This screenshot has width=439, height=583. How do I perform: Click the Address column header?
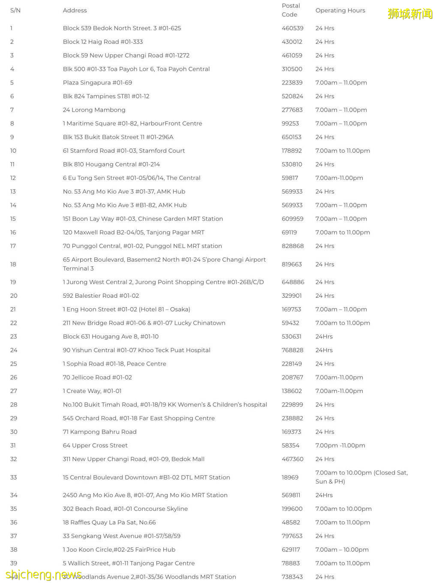coord(75,10)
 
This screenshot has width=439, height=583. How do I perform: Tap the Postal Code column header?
coord(291,10)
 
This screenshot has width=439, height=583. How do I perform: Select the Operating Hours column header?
coord(340,10)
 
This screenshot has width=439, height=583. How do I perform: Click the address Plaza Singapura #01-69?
coord(97,82)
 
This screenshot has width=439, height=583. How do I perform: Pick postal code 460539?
coord(292,28)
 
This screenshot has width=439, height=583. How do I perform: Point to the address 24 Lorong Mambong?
coord(94,110)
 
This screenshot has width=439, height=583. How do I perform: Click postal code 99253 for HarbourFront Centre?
coord(290,124)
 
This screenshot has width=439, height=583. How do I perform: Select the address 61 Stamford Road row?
coord(123,151)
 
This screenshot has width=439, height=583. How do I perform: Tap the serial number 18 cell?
coord(13,264)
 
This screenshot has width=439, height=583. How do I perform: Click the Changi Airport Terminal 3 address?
coord(164,264)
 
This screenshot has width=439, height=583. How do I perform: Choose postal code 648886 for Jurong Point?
coord(293,282)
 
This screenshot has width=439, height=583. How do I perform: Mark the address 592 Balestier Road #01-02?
coord(101,296)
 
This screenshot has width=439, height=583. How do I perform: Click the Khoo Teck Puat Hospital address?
coord(136,350)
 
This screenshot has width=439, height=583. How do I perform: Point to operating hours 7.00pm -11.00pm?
coord(340,445)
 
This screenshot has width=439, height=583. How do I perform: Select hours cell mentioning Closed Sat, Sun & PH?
coord(361,477)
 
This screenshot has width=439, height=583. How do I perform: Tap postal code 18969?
coord(290,477)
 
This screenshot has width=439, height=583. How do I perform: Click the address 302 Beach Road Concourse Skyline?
coord(125,509)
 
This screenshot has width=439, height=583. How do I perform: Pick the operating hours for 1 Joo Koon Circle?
coord(342,550)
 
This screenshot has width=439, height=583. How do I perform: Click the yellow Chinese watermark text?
coord(410,14)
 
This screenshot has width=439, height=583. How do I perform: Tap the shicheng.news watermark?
coord(44,575)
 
